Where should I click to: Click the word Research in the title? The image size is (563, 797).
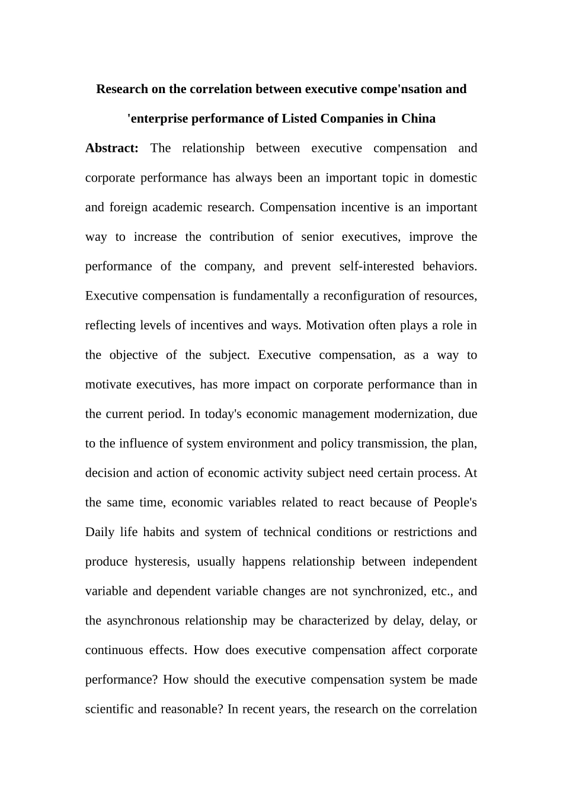point(123,89)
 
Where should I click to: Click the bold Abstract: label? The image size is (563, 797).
point(112,148)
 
